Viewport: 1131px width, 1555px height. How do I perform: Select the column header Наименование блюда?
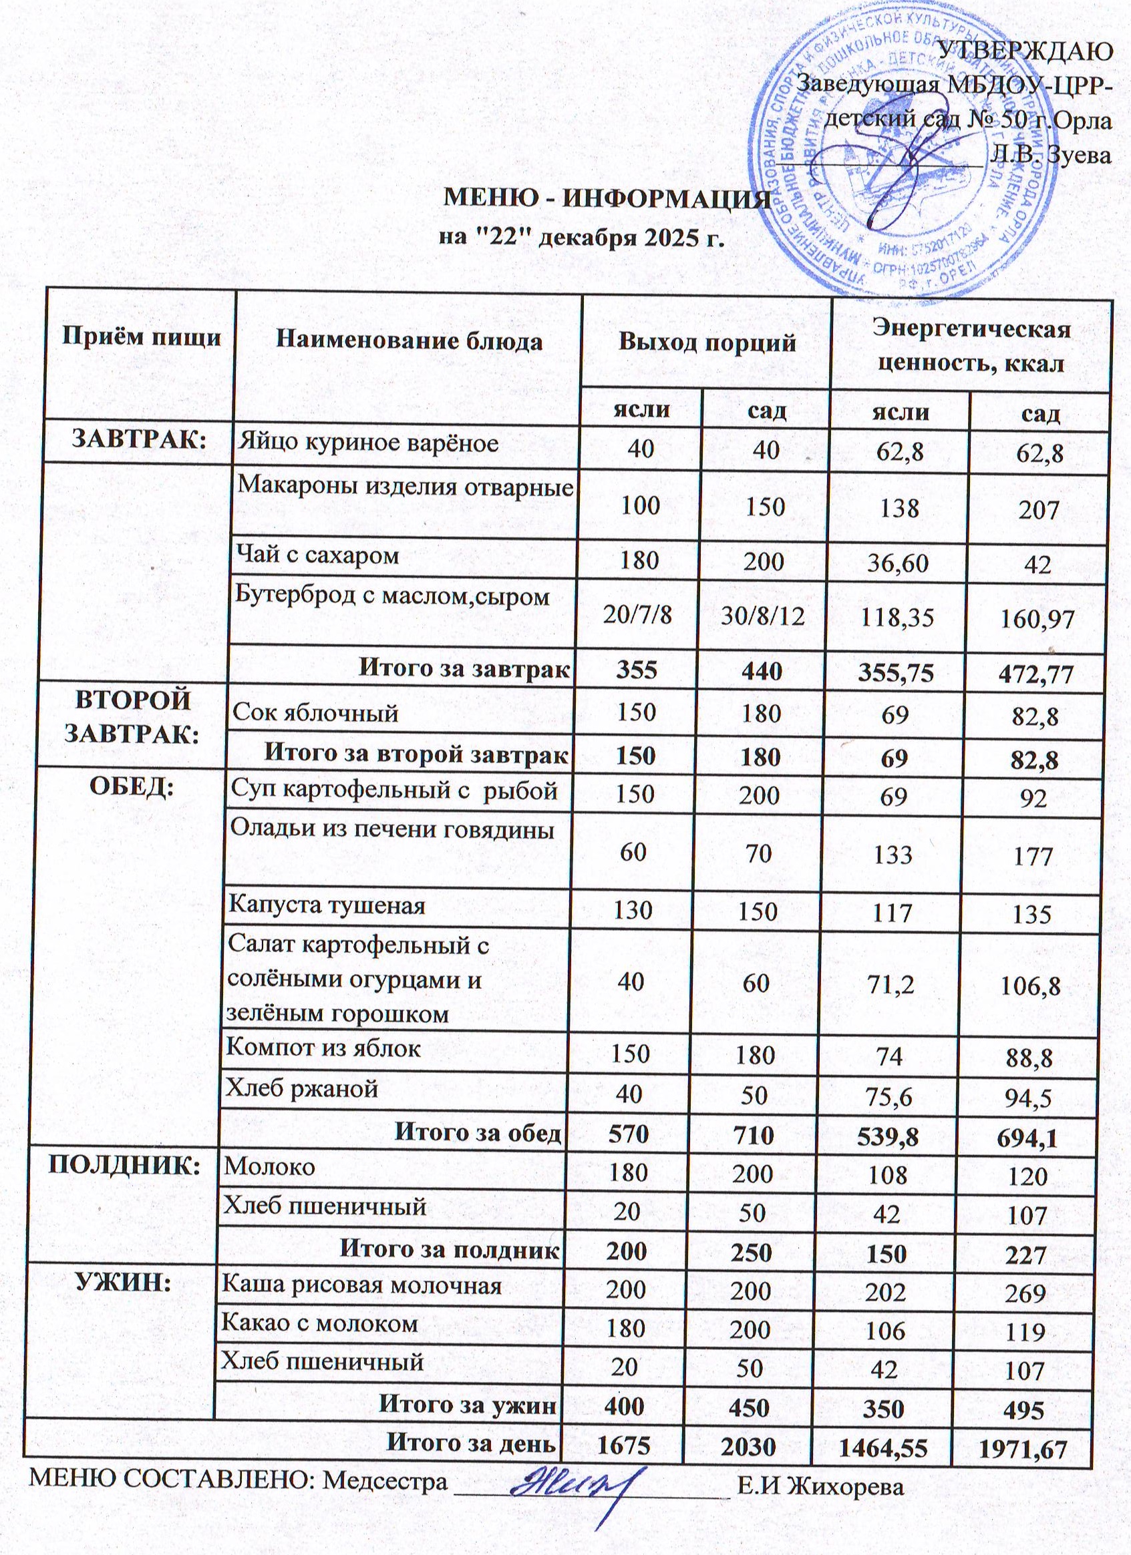[x=409, y=341]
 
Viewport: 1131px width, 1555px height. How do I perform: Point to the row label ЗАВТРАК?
[x=140, y=439]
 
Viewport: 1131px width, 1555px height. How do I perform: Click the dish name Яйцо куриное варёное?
[x=367, y=443]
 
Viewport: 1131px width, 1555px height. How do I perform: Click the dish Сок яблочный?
[x=315, y=713]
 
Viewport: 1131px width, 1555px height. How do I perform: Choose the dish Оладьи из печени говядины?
[x=391, y=830]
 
